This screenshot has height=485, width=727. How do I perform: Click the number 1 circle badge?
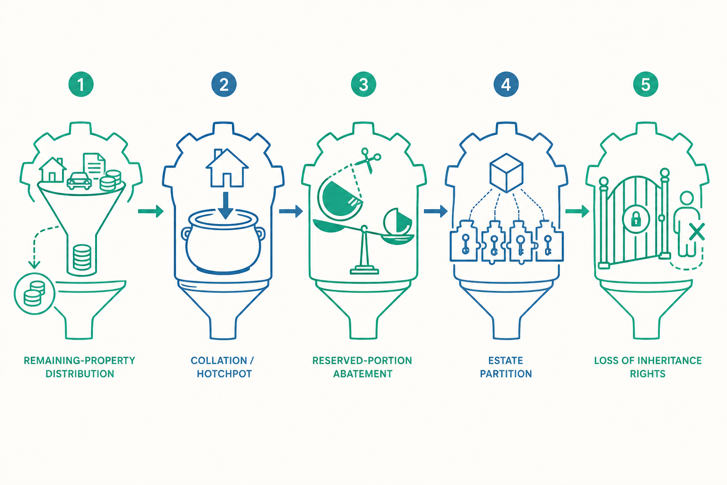pyautogui.click(x=81, y=84)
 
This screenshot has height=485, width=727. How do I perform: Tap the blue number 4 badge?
pyautogui.click(x=506, y=84)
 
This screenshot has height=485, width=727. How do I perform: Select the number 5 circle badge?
pyautogui.click(x=646, y=84)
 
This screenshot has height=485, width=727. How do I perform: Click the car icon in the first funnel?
pyautogui.click(x=79, y=181)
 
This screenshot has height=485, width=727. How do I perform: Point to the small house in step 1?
pyautogui.click(x=53, y=170)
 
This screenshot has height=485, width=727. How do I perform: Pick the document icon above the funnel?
pyautogui.click(x=95, y=165)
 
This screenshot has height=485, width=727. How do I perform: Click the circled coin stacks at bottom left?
pyautogui.click(x=35, y=294)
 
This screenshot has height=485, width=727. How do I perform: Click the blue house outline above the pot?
pyautogui.click(x=227, y=168)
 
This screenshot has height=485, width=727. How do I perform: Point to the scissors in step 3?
pyautogui.click(x=368, y=160)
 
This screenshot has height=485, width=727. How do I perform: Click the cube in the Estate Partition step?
pyautogui.click(x=506, y=173)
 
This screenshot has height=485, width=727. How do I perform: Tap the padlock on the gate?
pyautogui.click(x=636, y=219)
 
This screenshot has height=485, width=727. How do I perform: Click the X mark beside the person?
pyautogui.click(x=697, y=232)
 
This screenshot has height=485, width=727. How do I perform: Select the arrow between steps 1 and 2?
pyautogui.click(x=151, y=211)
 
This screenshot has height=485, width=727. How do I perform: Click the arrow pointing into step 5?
pyautogui.click(x=577, y=211)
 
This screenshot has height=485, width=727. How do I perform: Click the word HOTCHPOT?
pyautogui.click(x=224, y=374)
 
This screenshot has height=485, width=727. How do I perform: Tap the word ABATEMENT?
pyautogui.click(x=363, y=374)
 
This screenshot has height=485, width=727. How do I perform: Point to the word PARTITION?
pyautogui.click(x=506, y=374)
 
